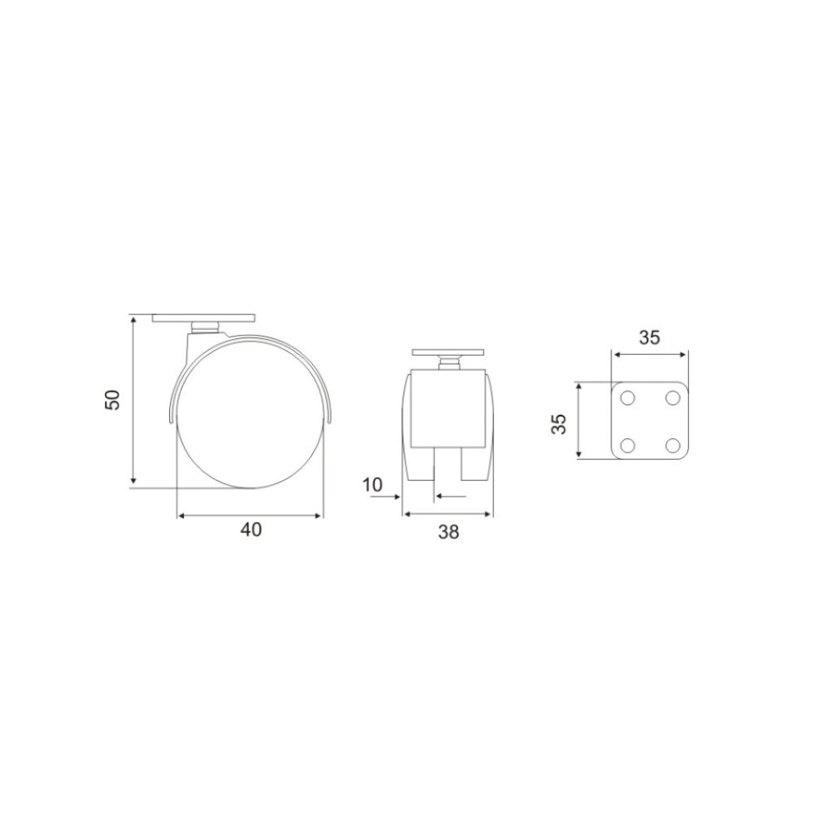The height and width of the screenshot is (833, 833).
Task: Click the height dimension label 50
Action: pyautogui.click(x=113, y=400)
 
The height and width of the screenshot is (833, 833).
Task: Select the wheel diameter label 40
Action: pyautogui.click(x=252, y=530)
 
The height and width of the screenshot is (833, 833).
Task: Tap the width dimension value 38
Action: pyautogui.click(x=448, y=531)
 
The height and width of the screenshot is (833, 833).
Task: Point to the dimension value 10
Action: pyautogui.click(x=372, y=485)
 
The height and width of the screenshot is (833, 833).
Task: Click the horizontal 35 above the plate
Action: pyautogui.click(x=649, y=337)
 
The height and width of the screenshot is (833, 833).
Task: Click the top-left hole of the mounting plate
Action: pyautogui.click(x=627, y=397)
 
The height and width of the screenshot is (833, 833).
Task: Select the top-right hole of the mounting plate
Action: pyautogui.click(x=672, y=397)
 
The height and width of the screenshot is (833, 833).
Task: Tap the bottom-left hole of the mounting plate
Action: pyautogui.click(x=627, y=444)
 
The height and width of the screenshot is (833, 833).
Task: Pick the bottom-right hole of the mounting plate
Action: pyautogui.click(x=672, y=444)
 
